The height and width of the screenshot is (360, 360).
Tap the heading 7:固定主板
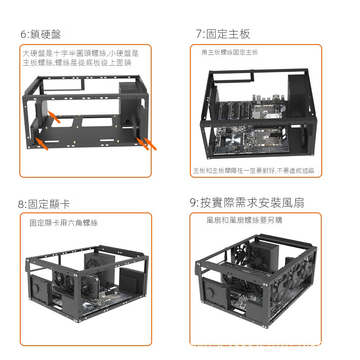point(223,34)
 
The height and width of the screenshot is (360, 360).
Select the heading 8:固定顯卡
point(44,204)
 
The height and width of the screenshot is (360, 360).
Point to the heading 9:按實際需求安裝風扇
point(247,202)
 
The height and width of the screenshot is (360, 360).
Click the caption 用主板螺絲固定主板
point(230,53)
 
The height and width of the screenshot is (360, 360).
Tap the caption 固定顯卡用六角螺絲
point(63,223)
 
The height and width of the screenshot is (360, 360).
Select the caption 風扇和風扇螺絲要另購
point(244,220)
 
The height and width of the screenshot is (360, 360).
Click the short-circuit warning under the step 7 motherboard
point(254,171)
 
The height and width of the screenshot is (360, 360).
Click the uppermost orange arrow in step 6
point(54,117)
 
